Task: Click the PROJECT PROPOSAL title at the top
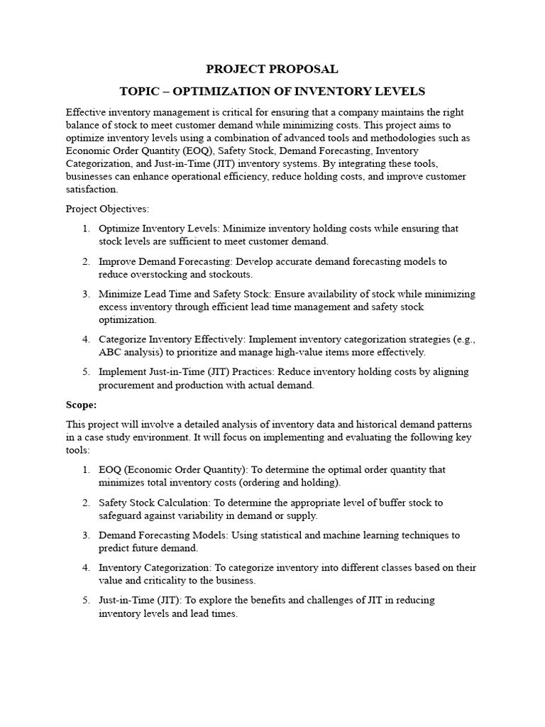pos(272,69)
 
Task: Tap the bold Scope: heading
pos(81,405)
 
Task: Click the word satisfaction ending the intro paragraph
pos(92,190)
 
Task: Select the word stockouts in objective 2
pos(229,274)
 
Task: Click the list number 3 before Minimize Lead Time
pos(86,294)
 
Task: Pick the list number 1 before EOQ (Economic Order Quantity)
pos(86,470)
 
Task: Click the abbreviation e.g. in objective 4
pos(461,339)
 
